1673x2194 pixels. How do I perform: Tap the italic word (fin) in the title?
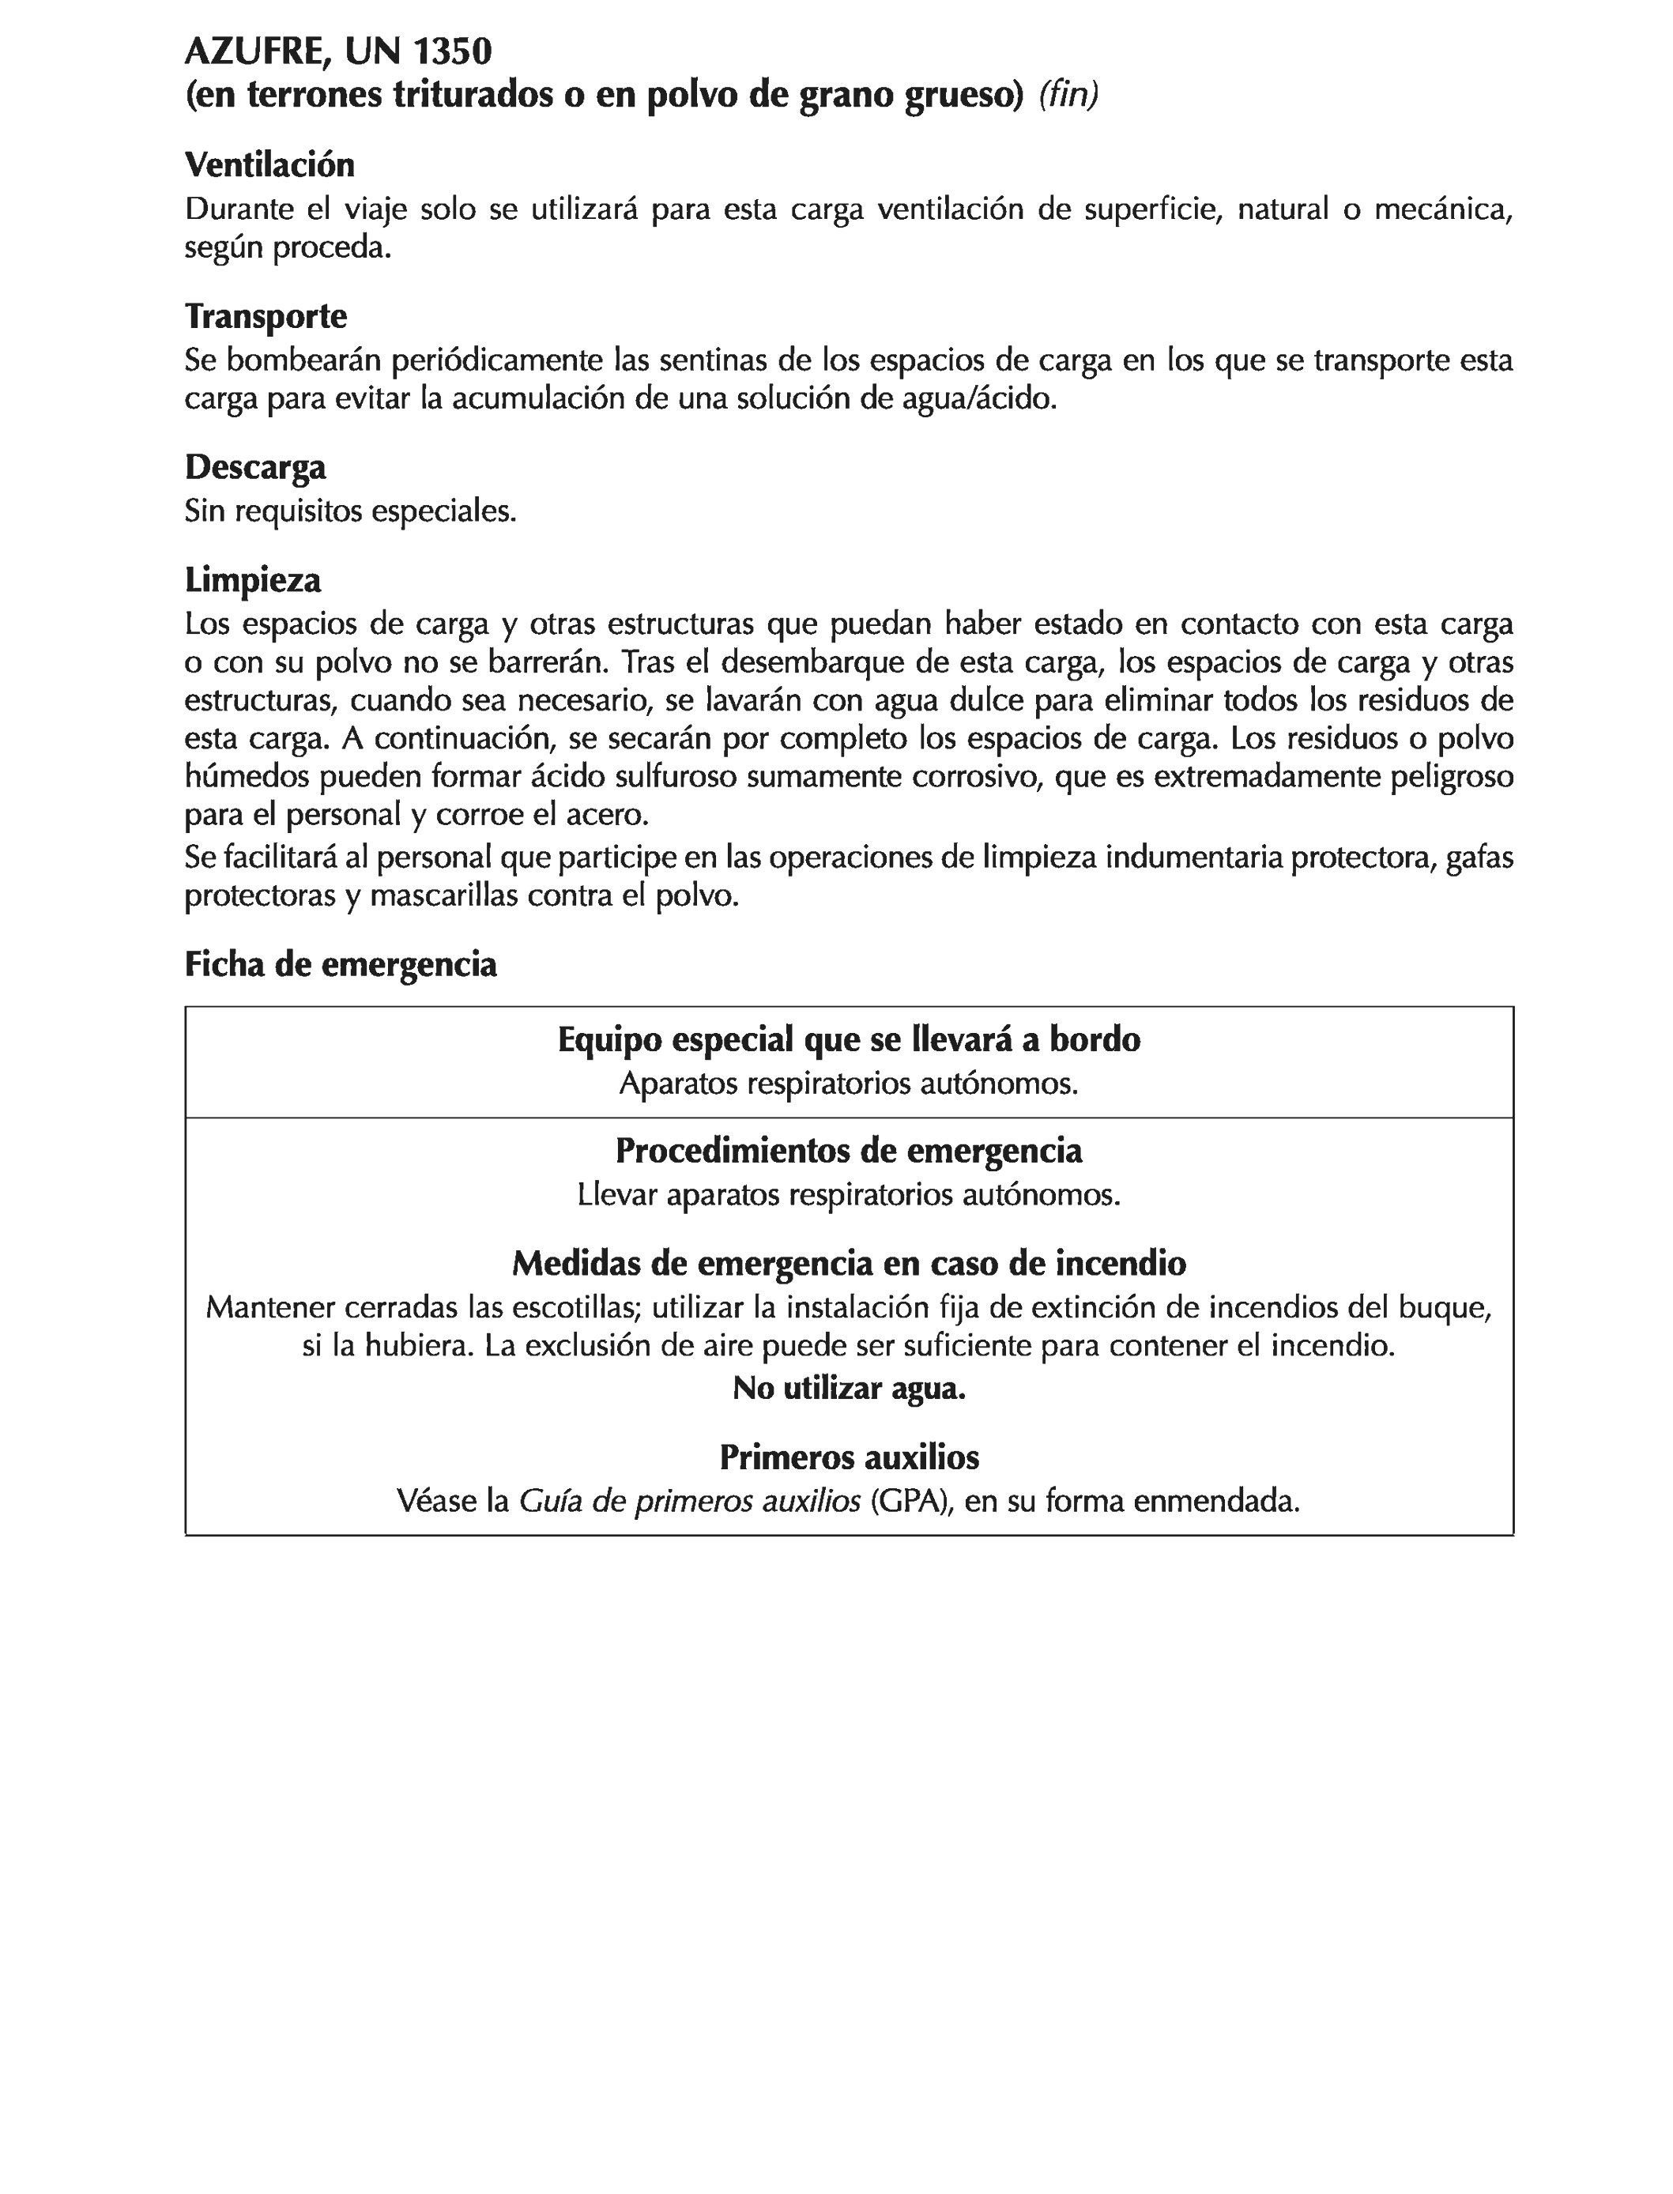tap(1068, 95)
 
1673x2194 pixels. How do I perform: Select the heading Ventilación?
tap(269, 164)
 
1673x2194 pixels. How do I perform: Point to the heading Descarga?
tap(255, 466)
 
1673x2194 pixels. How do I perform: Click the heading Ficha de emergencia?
tap(341, 964)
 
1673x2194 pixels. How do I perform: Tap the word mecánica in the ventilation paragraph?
tap(1443, 210)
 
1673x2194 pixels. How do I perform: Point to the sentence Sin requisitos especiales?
tap(351, 512)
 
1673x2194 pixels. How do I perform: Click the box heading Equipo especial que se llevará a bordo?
tap(849, 1040)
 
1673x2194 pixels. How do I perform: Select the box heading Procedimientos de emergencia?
tap(849, 1152)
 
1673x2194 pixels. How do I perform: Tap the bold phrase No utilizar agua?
tap(849, 1389)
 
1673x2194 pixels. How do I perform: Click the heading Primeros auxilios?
tap(849, 1458)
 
